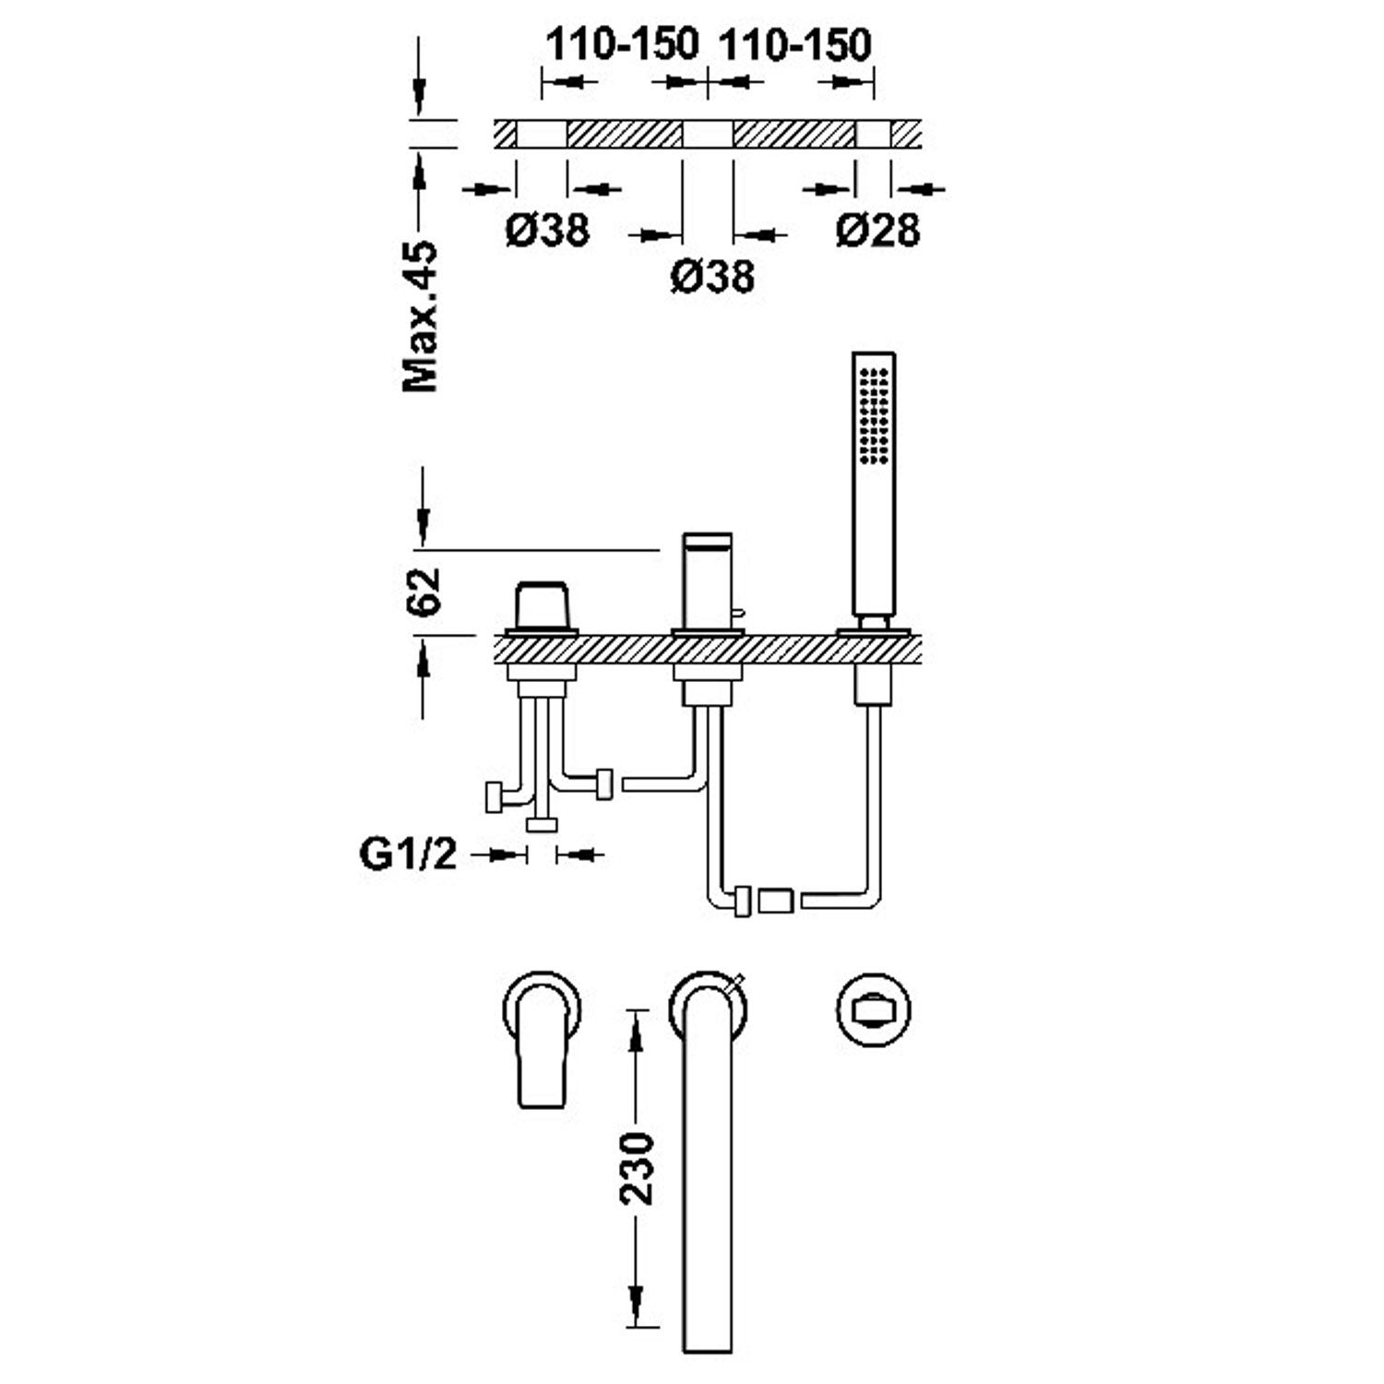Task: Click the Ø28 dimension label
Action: (x=877, y=230)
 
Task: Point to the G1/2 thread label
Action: (x=408, y=854)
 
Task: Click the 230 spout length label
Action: (x=636, y=1168)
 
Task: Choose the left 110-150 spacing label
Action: (x=623, y=44)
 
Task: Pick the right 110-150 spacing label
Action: (x=794, y=44)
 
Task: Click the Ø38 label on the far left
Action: (x=547, y=230)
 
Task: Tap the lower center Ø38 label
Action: (x=712, y=276)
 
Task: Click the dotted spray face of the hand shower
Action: (x=874, y=415)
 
